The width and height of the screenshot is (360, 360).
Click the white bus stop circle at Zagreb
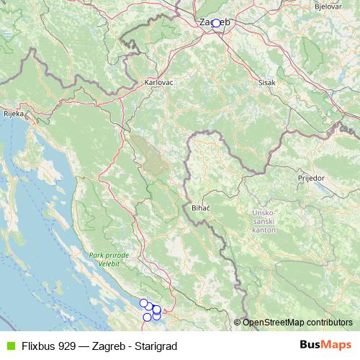(x=215, y=23)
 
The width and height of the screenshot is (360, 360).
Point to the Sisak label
(x=266, y=82)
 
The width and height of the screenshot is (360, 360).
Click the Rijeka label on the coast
(x=14, y=114)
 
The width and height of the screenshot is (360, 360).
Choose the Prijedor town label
(x=312, y=176)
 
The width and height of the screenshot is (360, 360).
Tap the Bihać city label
(x=201, y=207)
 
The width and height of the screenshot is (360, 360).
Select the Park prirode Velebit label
(x=109, y=260)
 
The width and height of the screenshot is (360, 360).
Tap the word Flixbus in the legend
(x=37, y=346)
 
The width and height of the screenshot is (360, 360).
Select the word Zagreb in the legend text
(x=103, y=346)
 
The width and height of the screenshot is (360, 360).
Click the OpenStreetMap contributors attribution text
(x=297, y=323)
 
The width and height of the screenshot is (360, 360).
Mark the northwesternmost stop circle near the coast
(x=143, y=303)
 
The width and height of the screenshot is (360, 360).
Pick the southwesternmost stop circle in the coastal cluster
(x=147, y=317)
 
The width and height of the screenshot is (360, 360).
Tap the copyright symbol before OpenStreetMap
(x=238, y=323)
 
